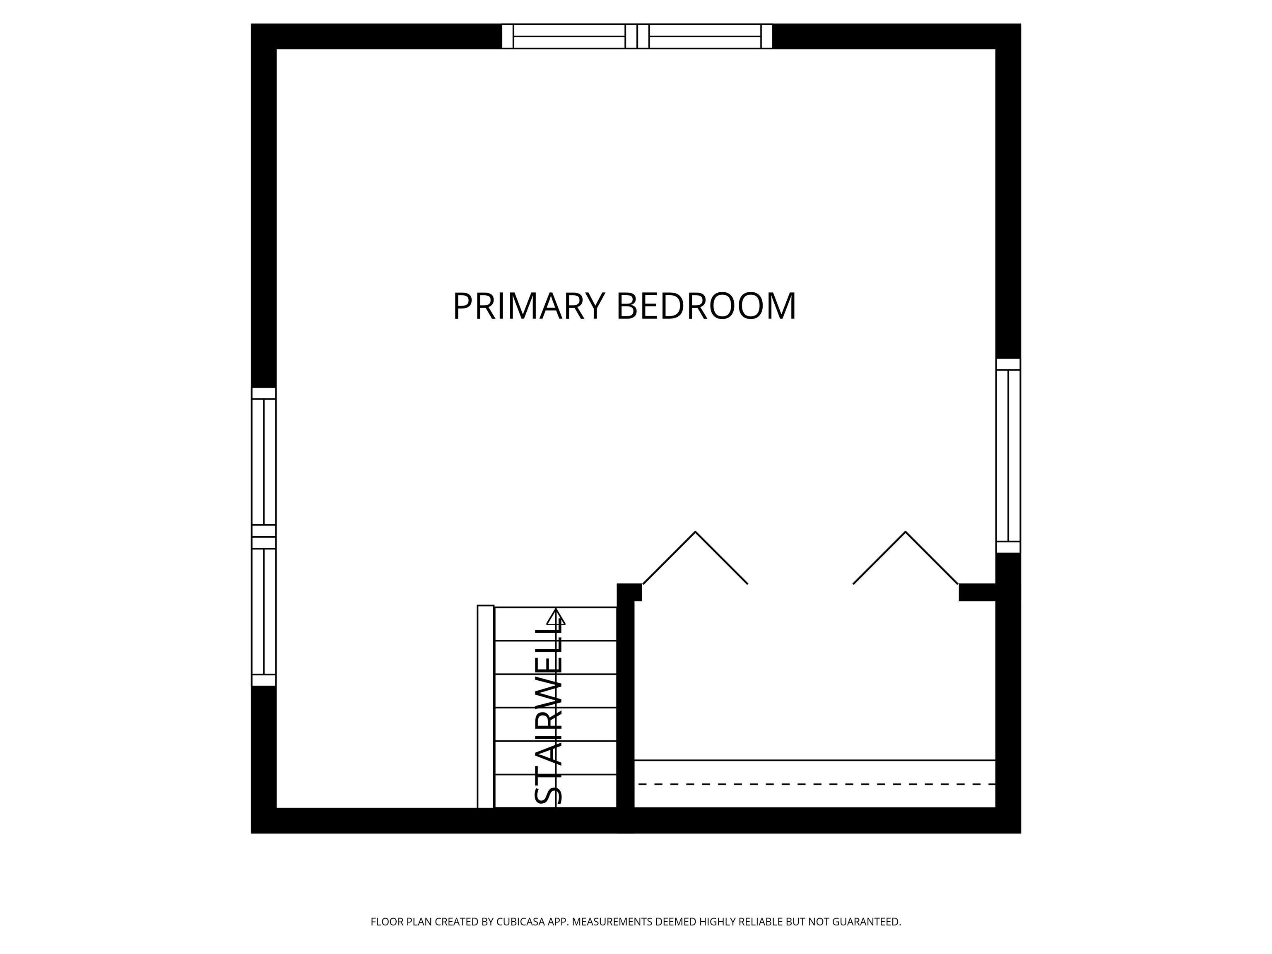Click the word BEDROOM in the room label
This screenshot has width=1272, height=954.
click(706, 306)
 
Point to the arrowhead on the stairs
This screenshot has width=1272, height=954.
click(556, 617)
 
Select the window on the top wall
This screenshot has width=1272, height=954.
click(637, 36)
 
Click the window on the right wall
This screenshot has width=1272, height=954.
click(1008, 455)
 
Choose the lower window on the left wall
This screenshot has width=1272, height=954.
click(264, 611)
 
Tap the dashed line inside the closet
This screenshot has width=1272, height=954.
click(817, 784)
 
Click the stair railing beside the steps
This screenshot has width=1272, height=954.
click(485, 706)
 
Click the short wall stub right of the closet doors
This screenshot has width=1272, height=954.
click(977, 592)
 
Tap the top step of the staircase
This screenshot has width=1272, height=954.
click(556, 624)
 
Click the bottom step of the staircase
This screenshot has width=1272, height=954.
click(556, 791)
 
